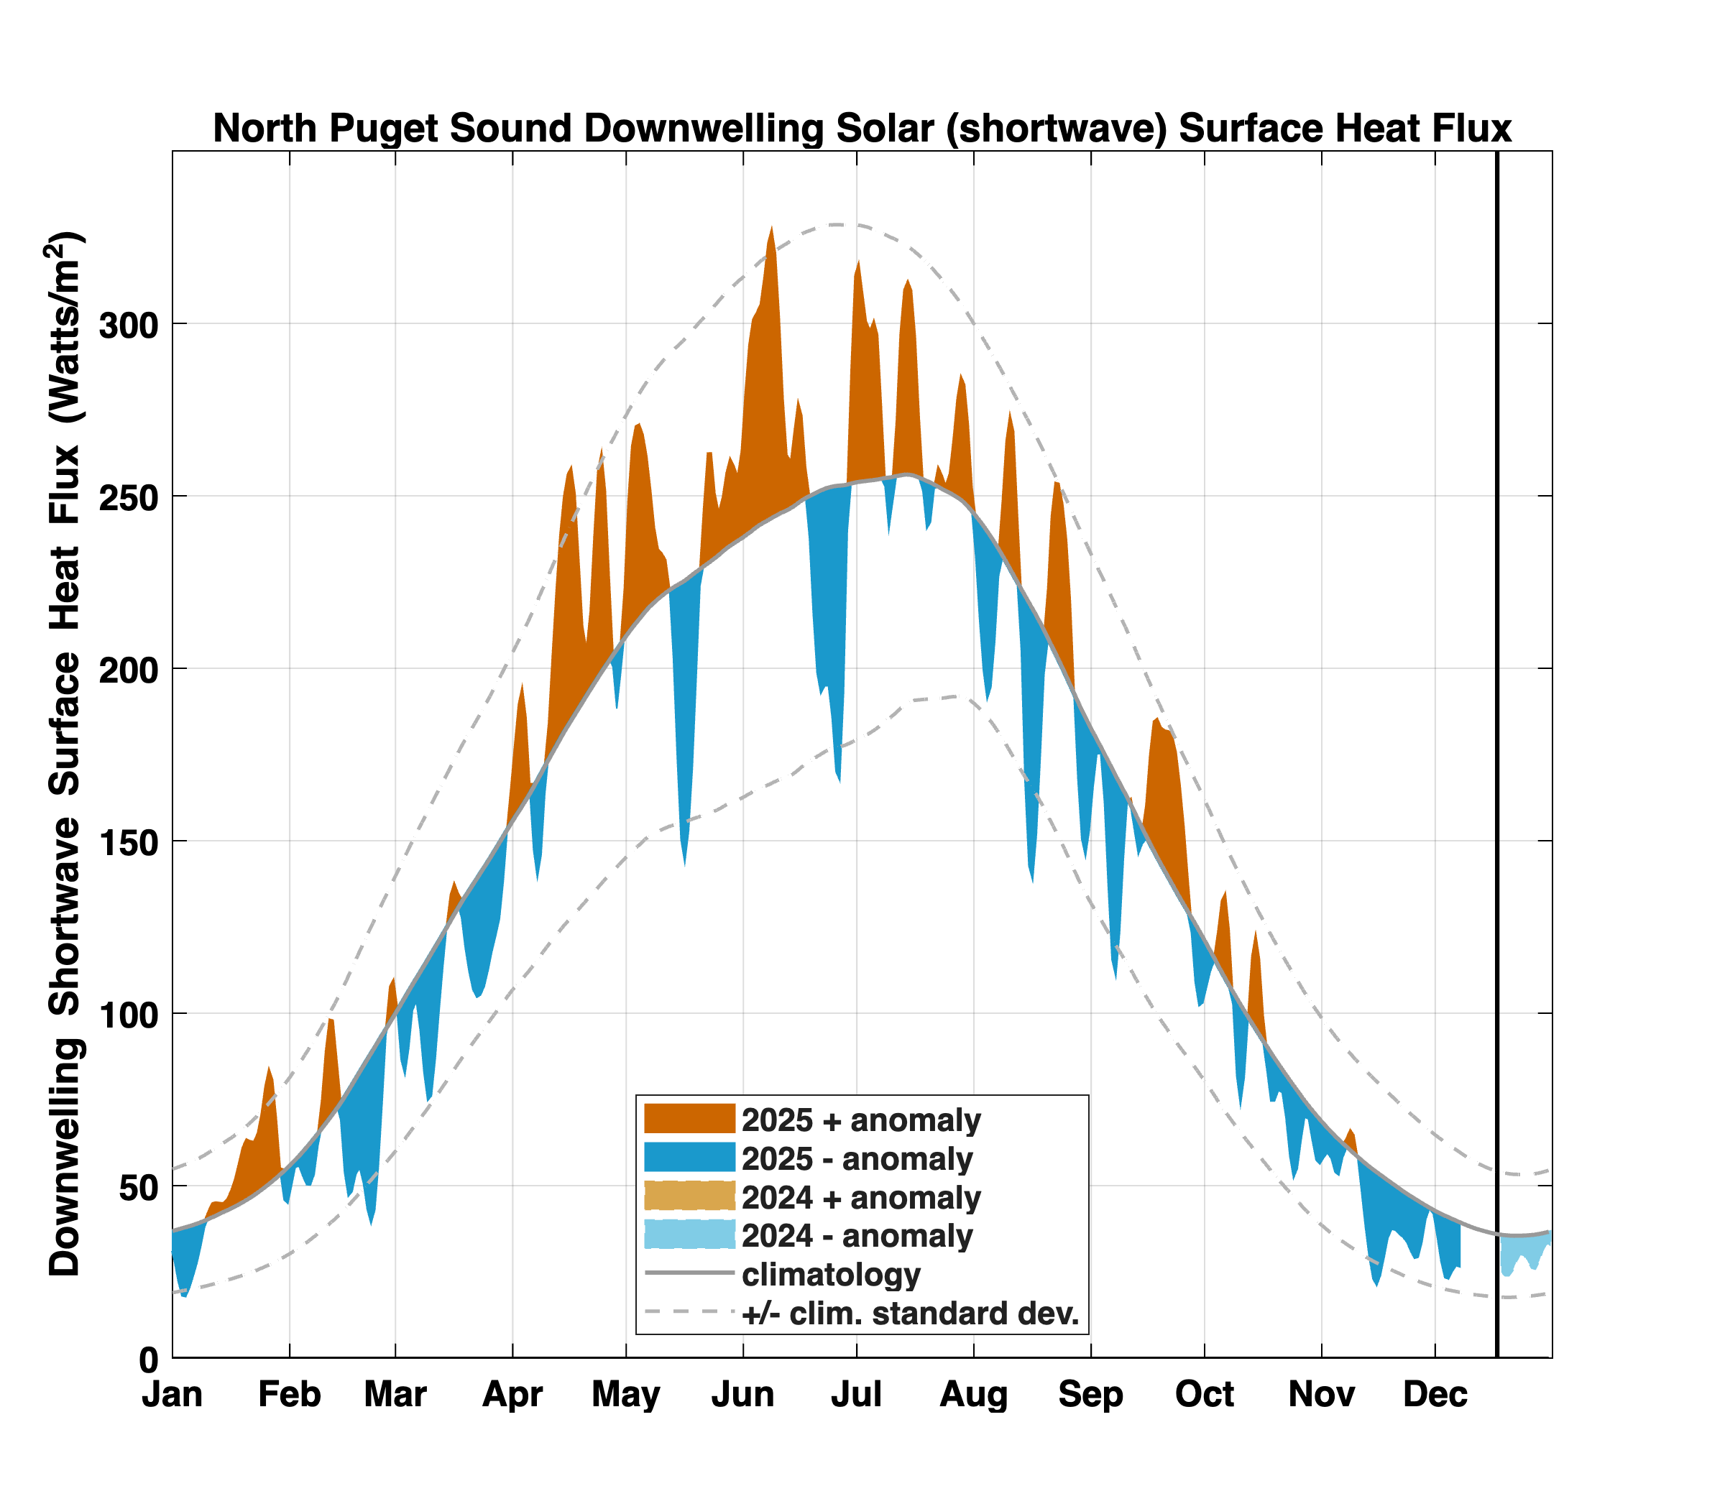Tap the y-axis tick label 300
(128, 325)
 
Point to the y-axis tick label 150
(128, 842)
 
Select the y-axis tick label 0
(148, 1359)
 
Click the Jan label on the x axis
(172, 1395)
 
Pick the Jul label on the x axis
(856, 1395)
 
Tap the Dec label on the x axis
(1435, 1395)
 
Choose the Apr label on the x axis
(512, 1395)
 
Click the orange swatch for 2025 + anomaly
(689, 1119)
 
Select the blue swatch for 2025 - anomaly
(689, 1157)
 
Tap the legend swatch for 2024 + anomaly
(689, 1196)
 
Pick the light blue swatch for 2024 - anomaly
(689, 1235)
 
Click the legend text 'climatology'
(830, 1274)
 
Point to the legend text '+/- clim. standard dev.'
(910, 1313)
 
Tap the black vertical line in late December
(1496, 754)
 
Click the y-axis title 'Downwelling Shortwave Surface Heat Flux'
(65, 754)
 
